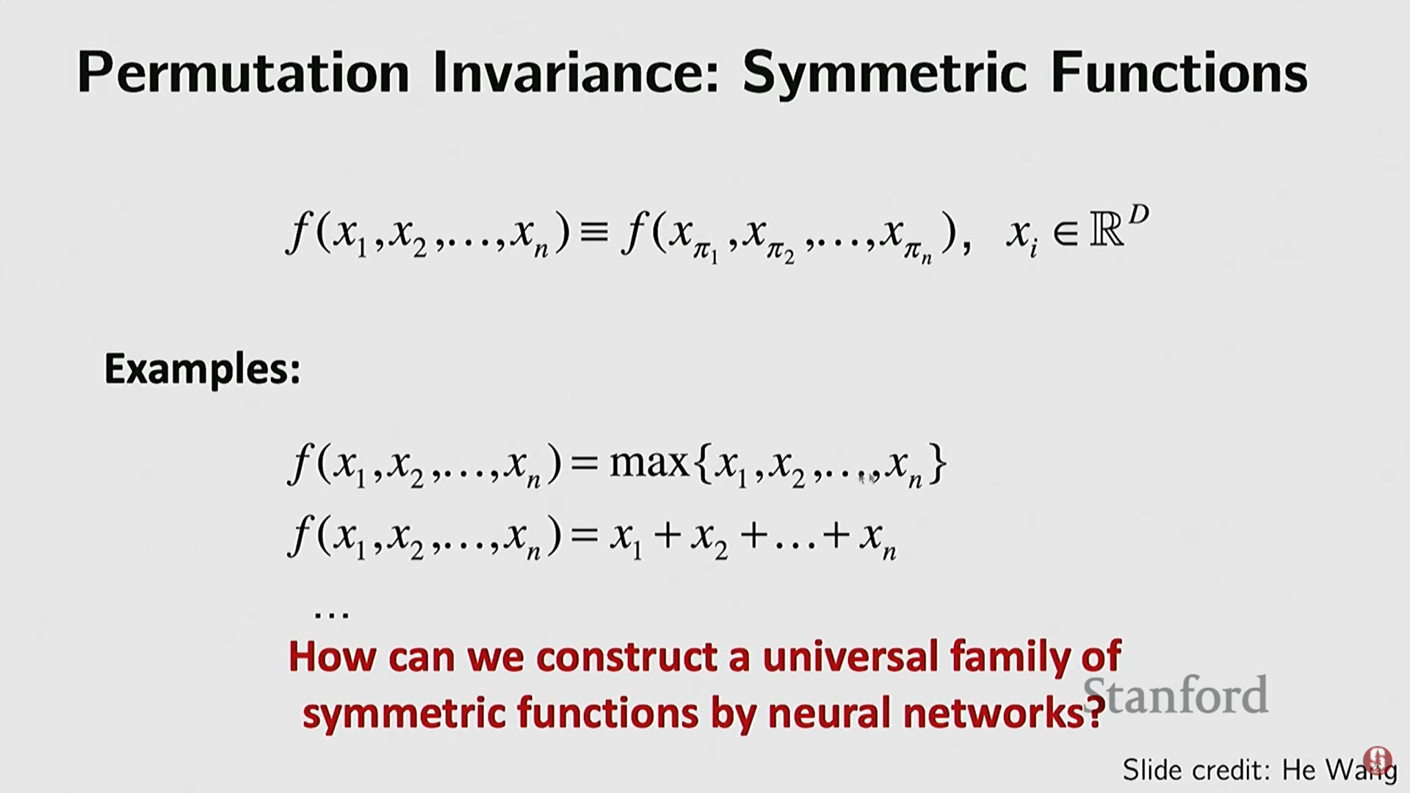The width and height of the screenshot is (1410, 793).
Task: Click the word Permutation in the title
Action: [x=243, y=73]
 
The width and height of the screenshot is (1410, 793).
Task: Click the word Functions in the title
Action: [x=1179, y=73]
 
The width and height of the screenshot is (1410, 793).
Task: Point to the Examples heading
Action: [x=203, y=369]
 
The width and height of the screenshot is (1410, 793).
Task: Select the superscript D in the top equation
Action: [x=1138, y=215]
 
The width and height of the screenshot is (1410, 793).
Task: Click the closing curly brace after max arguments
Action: [x=937, y=463]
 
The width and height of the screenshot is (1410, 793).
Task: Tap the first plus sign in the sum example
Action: [x=668, y=536]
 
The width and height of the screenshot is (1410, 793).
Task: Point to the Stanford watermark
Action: [x=1176, y=695]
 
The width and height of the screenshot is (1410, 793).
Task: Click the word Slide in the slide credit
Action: [x=1152, y=770]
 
